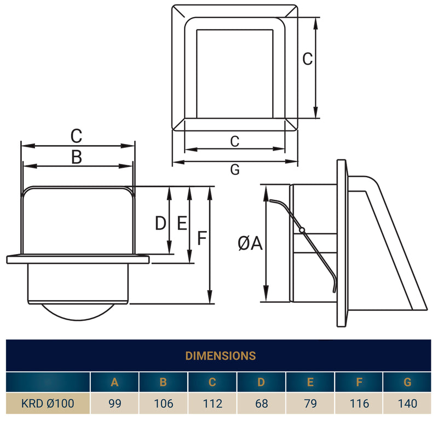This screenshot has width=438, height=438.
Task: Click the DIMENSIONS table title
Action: point(220,356)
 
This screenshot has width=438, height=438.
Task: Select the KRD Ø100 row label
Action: point(48,404)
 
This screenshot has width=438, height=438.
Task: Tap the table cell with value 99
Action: point(114,404)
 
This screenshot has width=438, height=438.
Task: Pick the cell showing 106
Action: point(163,404)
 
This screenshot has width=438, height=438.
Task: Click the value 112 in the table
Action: point(212,404)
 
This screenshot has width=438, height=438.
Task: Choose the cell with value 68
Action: point(261,404)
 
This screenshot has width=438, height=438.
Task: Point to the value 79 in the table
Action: point(310,404)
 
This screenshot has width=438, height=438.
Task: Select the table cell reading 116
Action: point(359,404)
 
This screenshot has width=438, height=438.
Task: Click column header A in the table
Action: point(114,382)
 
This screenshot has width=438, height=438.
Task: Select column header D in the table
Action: point(261,382)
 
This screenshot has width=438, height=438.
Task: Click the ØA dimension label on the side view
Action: point(250,243)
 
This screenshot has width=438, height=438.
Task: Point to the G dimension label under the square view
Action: point(235,170)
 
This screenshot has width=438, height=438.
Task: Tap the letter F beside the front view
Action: point(201,239)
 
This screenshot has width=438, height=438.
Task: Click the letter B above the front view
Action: point(77,158)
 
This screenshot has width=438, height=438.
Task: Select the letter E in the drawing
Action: point(182,223)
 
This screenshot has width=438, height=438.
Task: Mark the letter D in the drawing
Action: point(160,223)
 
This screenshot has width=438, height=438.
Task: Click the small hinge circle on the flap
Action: point(302,229)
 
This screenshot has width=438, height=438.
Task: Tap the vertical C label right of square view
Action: point(308,59)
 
